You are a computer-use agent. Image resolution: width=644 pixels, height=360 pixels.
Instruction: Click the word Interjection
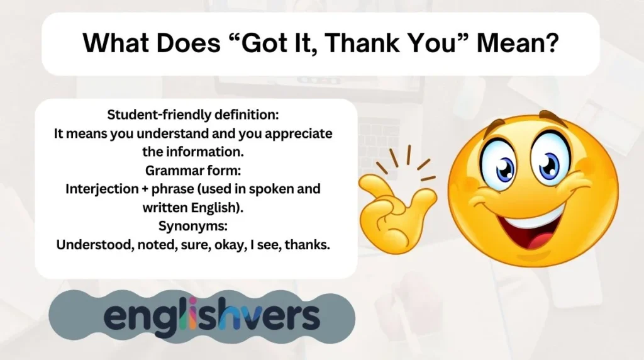[105, 189]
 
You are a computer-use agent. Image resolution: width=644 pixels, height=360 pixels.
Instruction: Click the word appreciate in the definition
[297, 133]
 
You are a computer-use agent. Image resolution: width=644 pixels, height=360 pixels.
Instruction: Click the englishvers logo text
[211, 317]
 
